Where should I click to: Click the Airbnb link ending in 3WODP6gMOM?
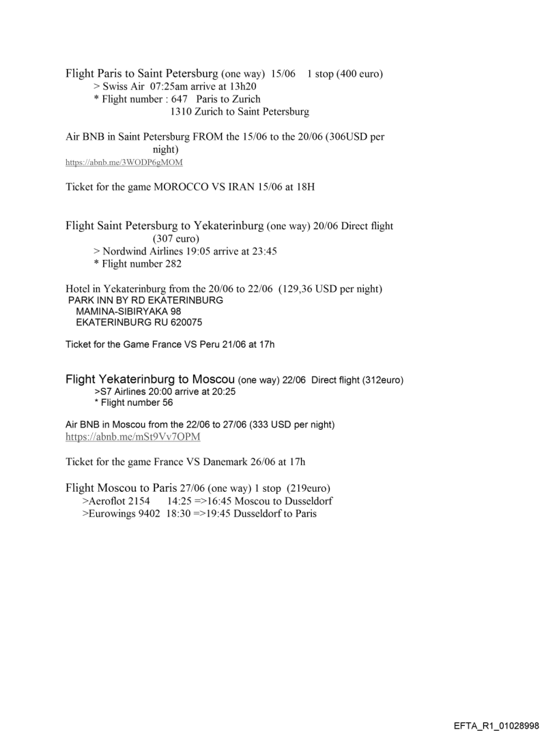pyautogui.click(x=124, y=162)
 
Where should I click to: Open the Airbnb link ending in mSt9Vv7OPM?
pyautogui.click(x=133, y=436)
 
